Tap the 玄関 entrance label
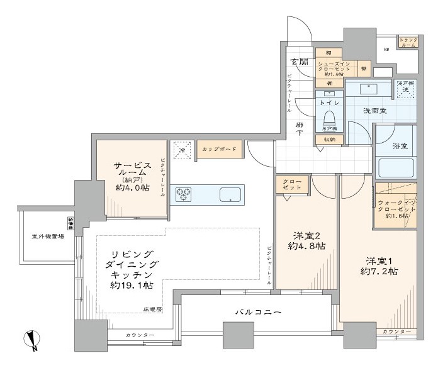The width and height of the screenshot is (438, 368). (x=300, y=61)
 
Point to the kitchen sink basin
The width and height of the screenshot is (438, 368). (x=230, y=195)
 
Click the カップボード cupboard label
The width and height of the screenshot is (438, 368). (x=218, y=149)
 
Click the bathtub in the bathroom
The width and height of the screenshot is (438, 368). (x=396, y=169)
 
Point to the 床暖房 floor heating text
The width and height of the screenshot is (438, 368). (x=152, y=308)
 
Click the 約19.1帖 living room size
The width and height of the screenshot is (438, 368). (x=132, y=285)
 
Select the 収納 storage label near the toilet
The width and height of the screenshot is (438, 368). (x=329, y=139)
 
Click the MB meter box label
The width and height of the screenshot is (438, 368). (x=386, y=49)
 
